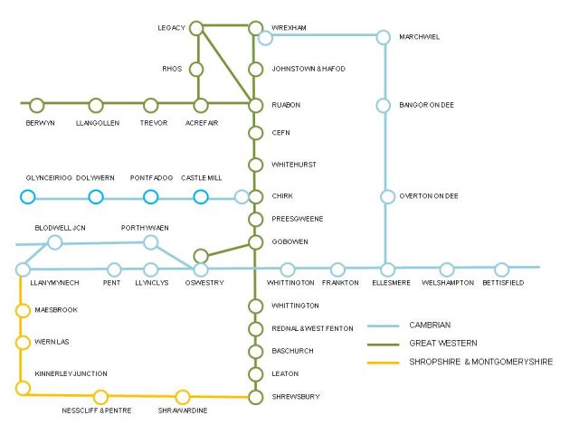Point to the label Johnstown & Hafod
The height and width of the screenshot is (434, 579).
[308, 69]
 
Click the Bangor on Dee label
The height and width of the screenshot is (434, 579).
[426, 105]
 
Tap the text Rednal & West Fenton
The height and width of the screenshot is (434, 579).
[312, 328]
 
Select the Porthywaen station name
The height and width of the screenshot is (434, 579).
[145, 228]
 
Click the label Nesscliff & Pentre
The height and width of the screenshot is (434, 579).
[97, 410]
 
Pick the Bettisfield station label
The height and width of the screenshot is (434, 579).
[503, 283]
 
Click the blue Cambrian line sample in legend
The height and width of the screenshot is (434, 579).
[384, 325]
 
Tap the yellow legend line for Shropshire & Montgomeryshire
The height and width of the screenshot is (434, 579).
[384, 363]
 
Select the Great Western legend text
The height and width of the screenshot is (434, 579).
[443, 344]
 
